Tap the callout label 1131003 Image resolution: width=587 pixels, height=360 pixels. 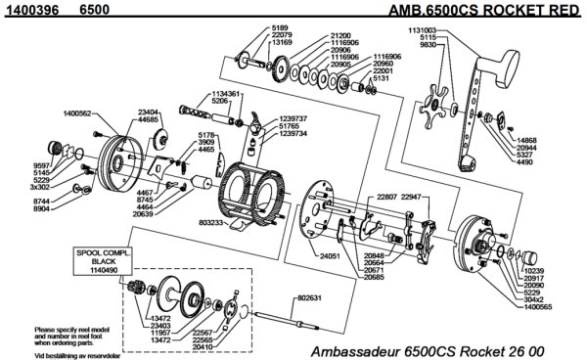pos(429,31)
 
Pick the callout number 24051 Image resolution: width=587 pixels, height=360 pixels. pos(331,255)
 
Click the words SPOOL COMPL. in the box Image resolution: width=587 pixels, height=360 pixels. pos(95,253)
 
